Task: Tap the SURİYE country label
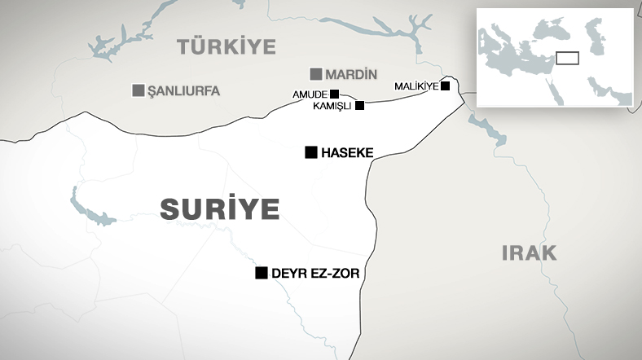click(220, 208)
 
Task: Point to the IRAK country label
click(529, 252)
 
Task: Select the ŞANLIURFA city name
click(183, 90)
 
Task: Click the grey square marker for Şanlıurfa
click(139, 90)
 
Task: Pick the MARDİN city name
click(351, 74)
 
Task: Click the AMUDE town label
click(310, 94)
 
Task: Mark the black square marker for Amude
click(334, 94)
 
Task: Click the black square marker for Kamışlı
click(359, 105)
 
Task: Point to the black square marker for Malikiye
click(445, 86)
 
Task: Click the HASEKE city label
click(348, 152)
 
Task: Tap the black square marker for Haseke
click(310, 152)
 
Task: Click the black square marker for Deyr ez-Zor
click(262, 273)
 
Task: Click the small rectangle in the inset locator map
click(567, 58)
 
